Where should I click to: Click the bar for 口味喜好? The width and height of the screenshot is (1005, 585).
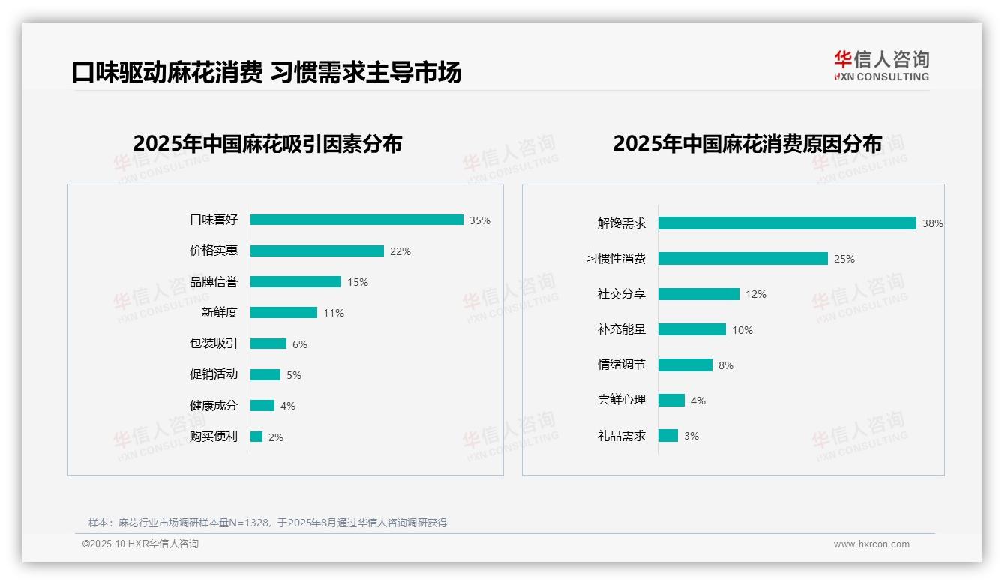[x=356, y=220]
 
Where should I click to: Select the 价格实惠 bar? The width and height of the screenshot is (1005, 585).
[x=316, y=251]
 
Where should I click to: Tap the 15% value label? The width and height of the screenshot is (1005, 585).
[x=357, y=282]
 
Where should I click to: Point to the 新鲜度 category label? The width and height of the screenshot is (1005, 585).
[x=219, y=312]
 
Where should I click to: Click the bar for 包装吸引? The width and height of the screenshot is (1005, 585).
[x=268, y=343]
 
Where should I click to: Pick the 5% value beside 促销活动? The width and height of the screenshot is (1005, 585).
[x=293, y=375]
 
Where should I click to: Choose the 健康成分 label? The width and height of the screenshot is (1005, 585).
[x=213, y=405]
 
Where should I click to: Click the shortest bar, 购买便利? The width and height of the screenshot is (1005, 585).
[x=256, y=436]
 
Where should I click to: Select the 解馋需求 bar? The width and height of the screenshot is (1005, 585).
[x=787, y=223]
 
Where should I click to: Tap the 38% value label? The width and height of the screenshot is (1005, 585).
[x=932, y=223]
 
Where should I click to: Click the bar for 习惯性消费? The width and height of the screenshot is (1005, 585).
[x=742, y=258]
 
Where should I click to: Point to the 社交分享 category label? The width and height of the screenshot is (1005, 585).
[x=621, y=293]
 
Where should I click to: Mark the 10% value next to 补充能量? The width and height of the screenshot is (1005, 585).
[x=742, y=330]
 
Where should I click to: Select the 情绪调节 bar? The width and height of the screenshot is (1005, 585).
[x=685, y=364]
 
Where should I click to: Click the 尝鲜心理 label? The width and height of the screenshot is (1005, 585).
[x=621, y=400]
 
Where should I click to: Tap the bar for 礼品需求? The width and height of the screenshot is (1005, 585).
[x=667, y=435]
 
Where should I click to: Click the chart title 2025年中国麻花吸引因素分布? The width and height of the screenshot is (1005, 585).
[x=267, y=143]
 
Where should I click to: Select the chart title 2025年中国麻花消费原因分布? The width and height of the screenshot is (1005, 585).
[x=747, y=143]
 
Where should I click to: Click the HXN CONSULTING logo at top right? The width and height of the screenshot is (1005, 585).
[x=881, y=65]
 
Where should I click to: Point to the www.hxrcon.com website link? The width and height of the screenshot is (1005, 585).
[x=871, y=544]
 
